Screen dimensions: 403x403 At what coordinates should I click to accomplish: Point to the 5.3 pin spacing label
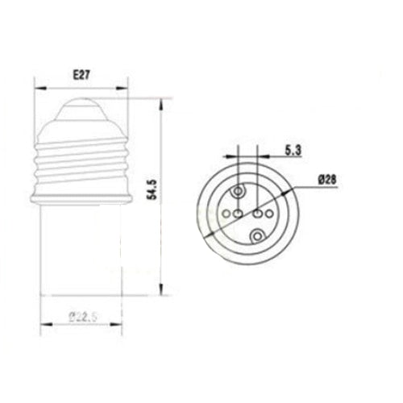click(x=294, y=148)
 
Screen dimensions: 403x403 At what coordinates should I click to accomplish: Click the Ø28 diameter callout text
click(x=327, y=181)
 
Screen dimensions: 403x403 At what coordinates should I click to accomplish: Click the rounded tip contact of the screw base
click(x=81, y=105)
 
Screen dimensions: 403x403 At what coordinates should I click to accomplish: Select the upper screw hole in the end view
click(x=239, y=191)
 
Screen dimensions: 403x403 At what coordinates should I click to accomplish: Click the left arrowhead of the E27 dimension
click(x=37, y=83)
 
